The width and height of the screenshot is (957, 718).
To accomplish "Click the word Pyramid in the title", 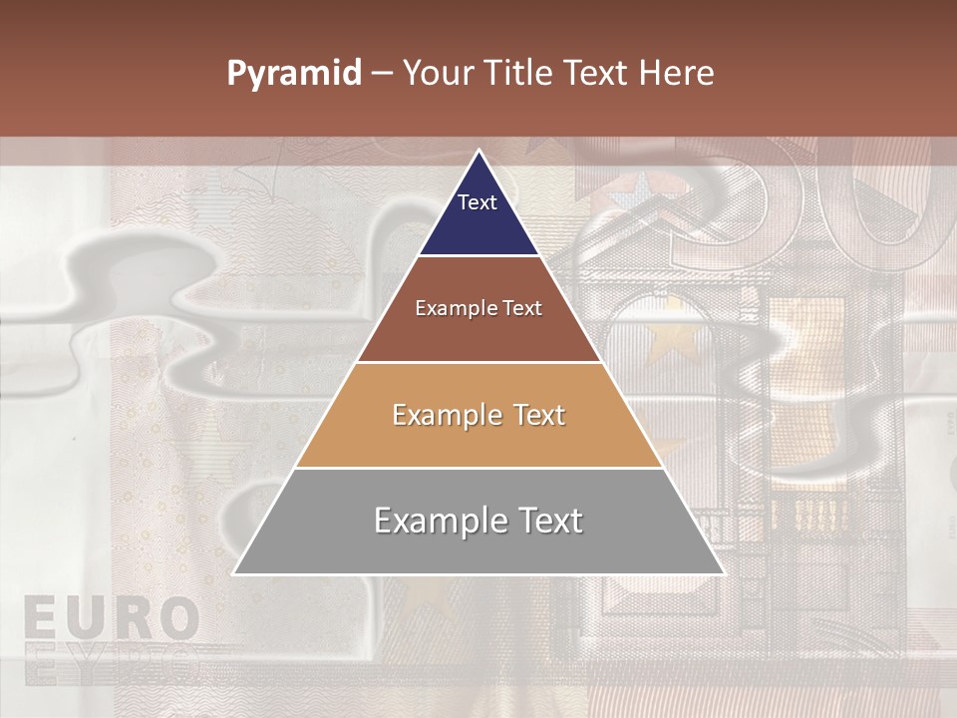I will coord(294,74).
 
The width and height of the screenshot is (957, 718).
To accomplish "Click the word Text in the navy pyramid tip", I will coord(478,202).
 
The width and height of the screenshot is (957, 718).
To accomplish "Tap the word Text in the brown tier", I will coord(522,308).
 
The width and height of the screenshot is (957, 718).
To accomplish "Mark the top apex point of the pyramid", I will coord(478,151).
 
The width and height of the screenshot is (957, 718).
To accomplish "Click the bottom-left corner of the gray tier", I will coord(234,573).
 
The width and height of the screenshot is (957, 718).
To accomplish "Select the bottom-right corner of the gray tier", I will coord(723,573).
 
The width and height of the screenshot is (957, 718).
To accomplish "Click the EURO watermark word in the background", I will coord(110,618).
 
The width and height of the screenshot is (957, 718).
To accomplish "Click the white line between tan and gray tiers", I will coord(478,468).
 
